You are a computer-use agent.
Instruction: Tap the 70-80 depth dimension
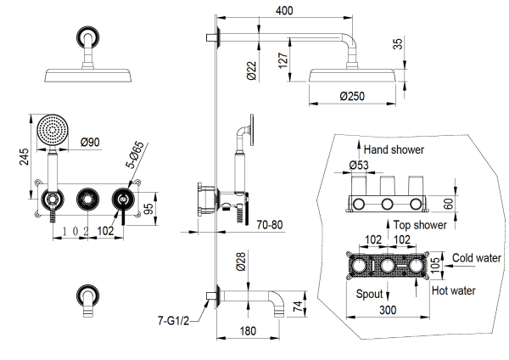270,226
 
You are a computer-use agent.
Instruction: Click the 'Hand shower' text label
395,149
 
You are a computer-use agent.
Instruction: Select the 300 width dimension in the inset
389,312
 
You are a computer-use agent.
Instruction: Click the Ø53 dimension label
359,166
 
